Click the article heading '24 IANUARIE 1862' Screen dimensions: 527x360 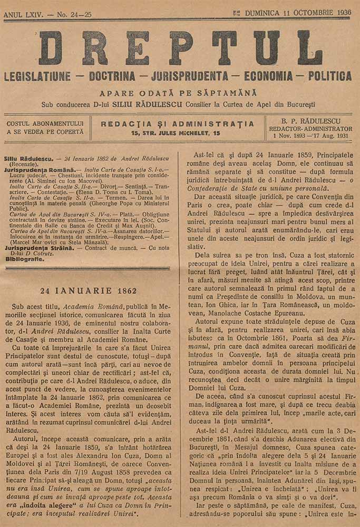89,291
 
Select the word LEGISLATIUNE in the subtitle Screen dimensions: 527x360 37,76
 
